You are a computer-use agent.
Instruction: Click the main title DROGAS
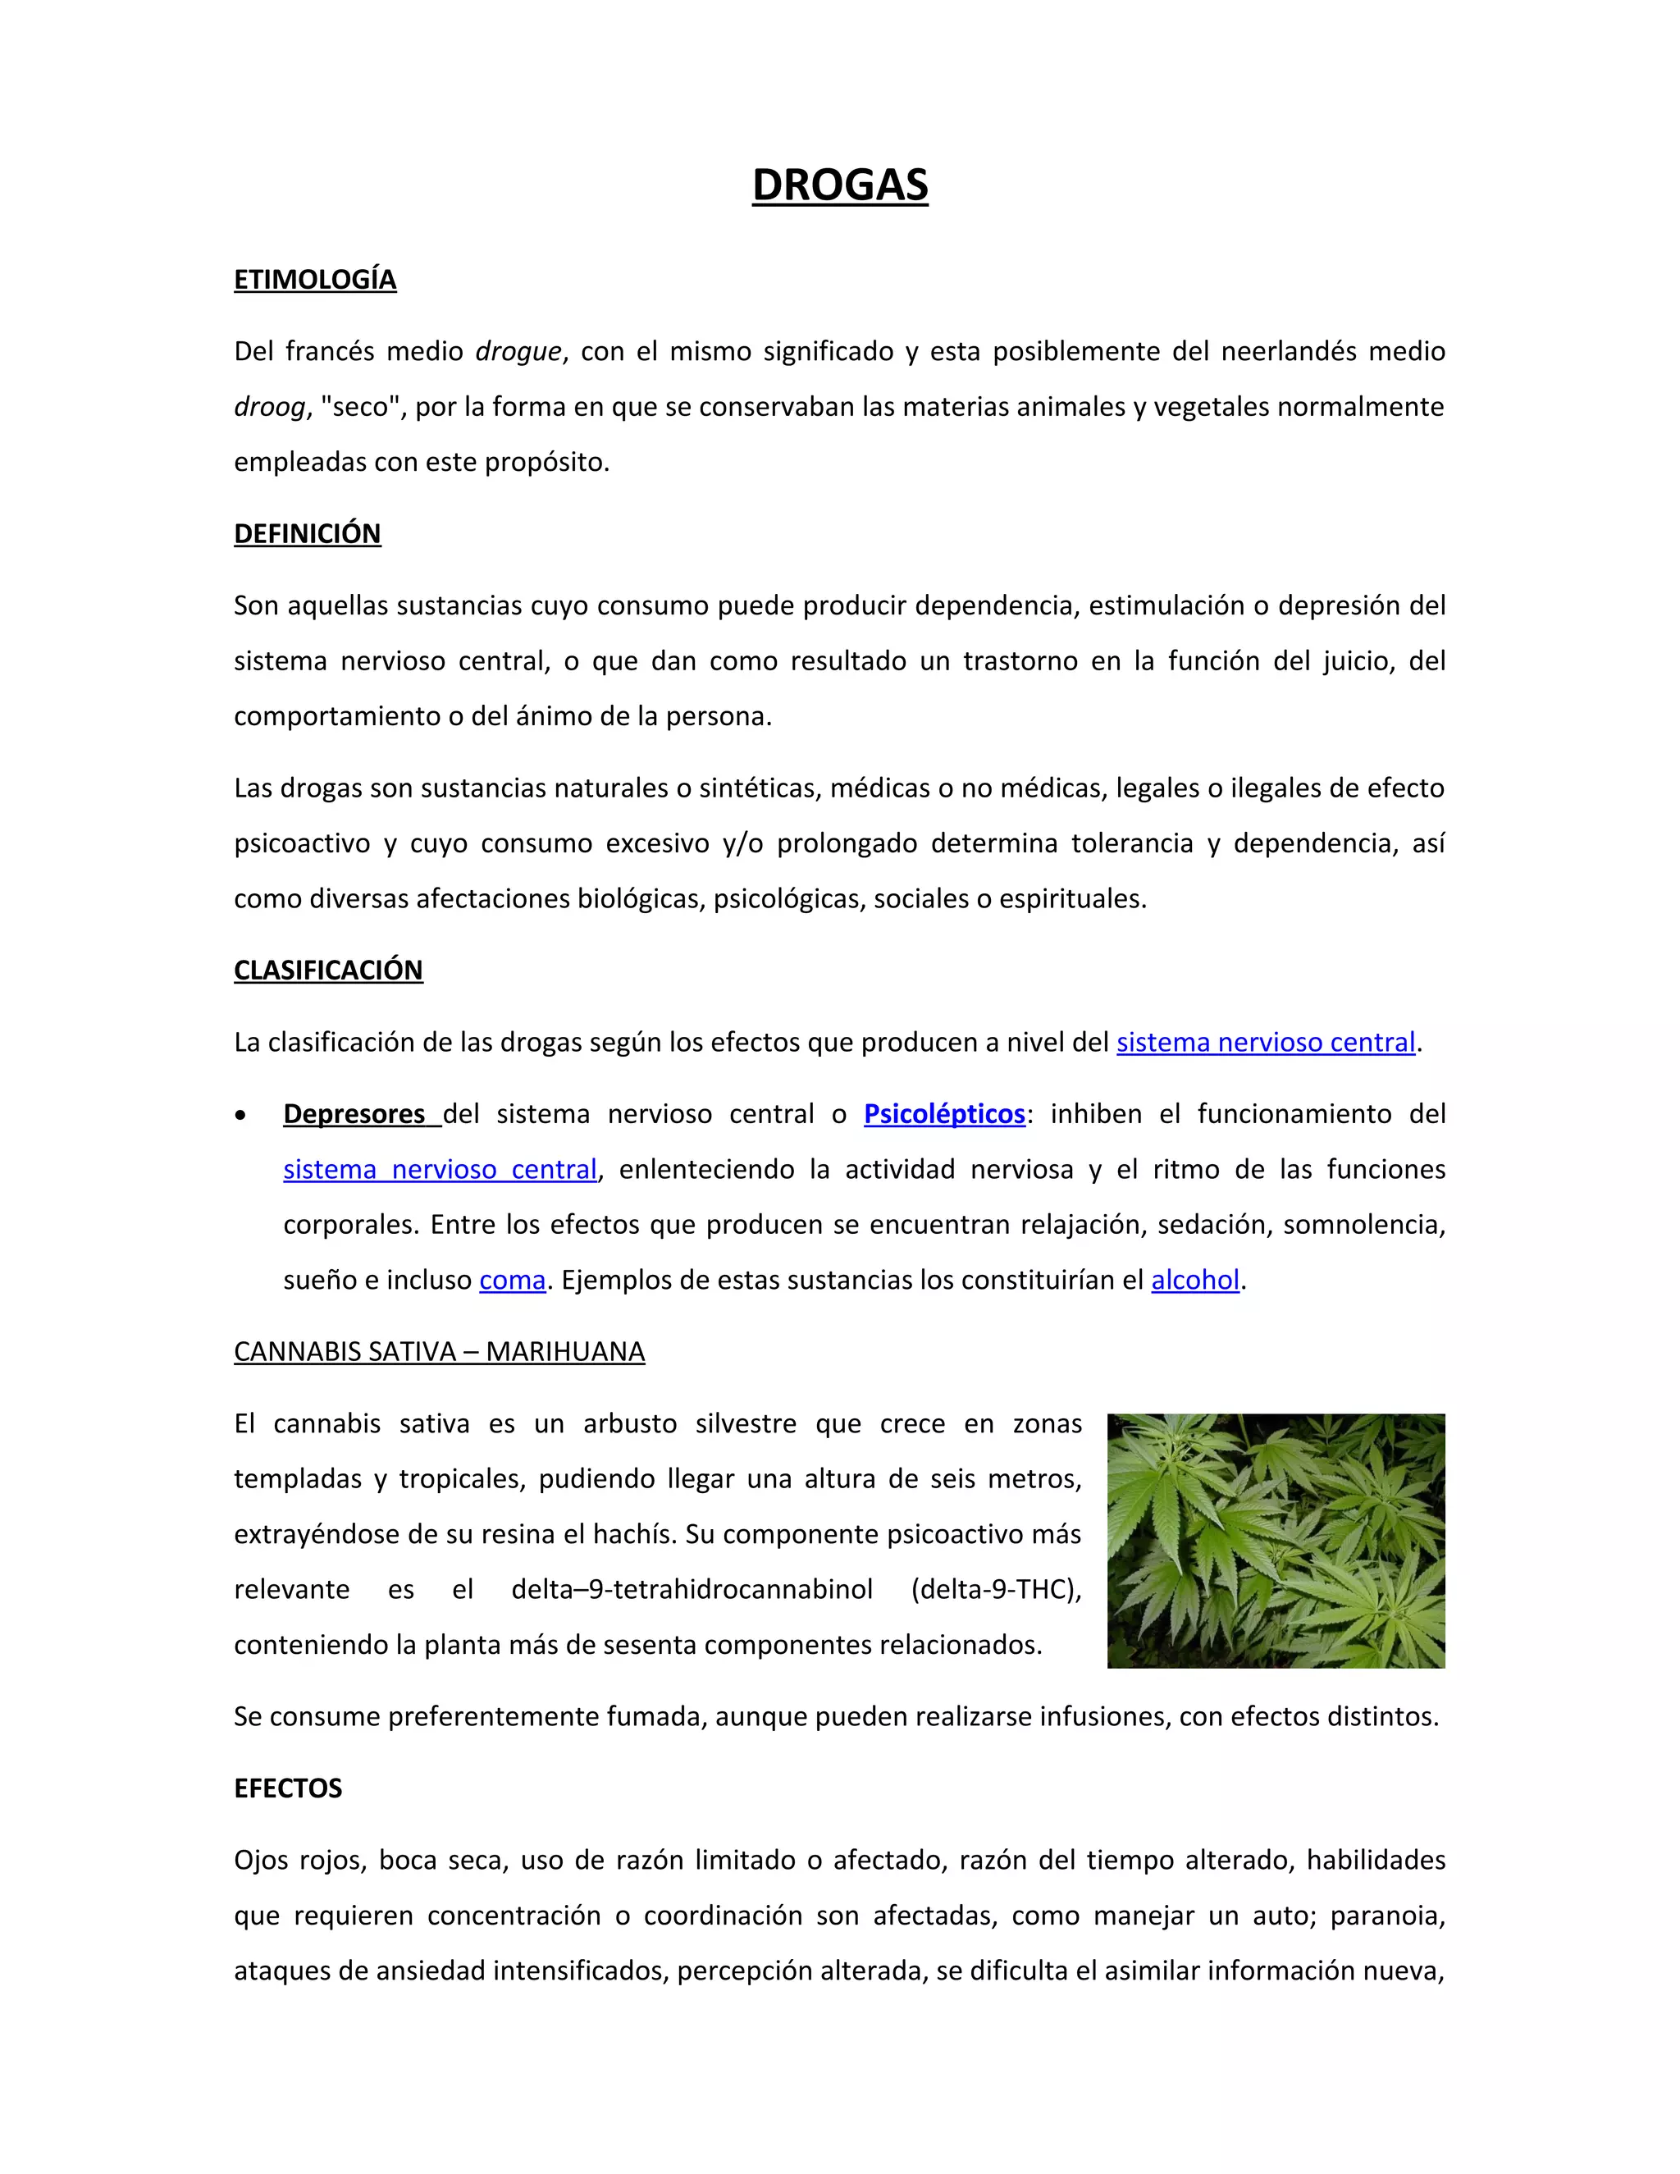[x=839, y=185]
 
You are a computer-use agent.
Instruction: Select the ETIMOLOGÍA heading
[x=314, y=280]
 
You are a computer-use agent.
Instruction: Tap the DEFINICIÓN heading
[x=307, y=533]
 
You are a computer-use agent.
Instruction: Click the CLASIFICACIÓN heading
[x=327, y=970]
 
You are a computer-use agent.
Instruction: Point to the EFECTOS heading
[x=288, y=1788]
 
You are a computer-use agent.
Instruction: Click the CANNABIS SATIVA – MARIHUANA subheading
[x=439, y=1351]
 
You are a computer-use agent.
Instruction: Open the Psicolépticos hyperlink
[x=943, y=1113]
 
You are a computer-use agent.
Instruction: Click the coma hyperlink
[x=512, y=1279]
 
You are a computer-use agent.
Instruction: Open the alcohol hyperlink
[x=1194, y=1279]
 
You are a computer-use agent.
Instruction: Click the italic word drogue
[x=518, y=351]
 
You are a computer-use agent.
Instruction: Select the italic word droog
[x=269, y=407]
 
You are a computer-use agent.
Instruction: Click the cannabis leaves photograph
[x=1275, y=1540]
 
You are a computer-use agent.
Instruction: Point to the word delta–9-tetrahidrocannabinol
[x=692, y=1589]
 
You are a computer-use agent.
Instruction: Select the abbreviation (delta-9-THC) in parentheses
[x=995, y=1589]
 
